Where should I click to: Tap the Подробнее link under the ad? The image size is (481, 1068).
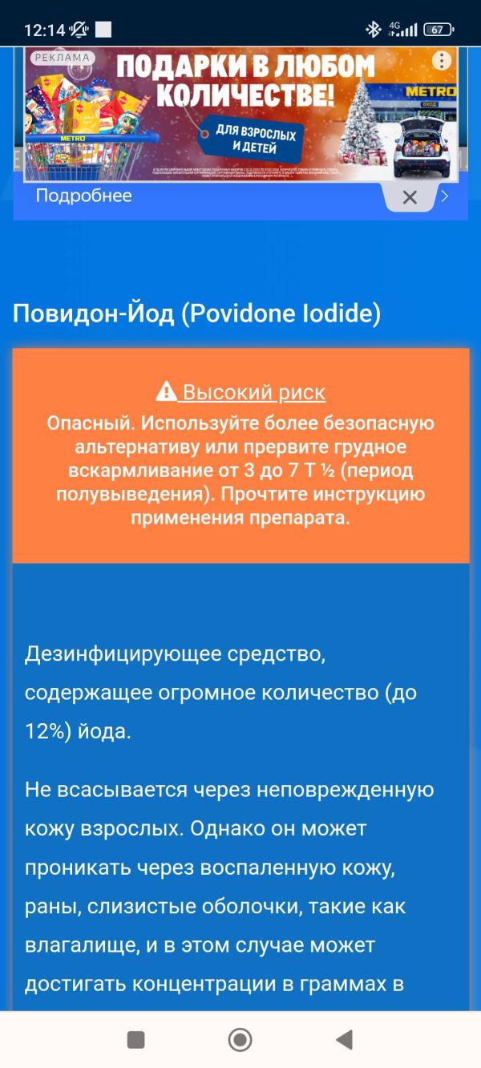coord(83,196)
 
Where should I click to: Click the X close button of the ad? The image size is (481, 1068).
coord(410,197)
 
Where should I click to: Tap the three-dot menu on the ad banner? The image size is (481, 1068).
coord(442,60)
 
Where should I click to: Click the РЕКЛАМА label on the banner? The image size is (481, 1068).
coord(62,58)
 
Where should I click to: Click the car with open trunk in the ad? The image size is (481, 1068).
coord(422,145)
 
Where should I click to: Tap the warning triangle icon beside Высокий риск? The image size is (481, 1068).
coord(165,392)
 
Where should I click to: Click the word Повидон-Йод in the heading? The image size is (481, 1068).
coord(93,314)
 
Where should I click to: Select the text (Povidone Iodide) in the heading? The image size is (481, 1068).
coord(281,314)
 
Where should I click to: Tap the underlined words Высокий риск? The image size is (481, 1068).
coord(253,392)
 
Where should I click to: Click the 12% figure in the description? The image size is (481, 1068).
coord(49,732)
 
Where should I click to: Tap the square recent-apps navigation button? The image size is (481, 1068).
coord(136,1039)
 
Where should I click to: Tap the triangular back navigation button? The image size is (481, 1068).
coord(344,1039)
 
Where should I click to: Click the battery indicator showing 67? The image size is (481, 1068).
coord(438,30)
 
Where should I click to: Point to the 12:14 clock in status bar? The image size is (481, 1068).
coord(44,30)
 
